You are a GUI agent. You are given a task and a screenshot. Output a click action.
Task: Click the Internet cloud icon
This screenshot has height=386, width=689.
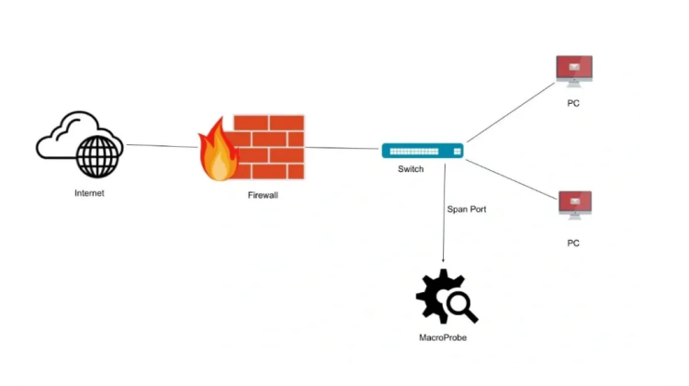[64, 138]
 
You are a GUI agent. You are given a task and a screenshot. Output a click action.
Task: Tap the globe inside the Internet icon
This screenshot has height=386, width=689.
[98, 156]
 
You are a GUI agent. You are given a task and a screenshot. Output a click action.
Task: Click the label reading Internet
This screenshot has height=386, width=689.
[89, 193]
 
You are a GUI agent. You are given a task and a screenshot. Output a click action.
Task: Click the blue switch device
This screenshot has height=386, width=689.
[424, 150]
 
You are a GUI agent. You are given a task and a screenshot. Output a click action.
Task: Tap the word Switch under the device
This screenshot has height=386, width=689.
[411, 170]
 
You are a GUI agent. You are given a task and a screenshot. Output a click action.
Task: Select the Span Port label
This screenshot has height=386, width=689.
[466, 210]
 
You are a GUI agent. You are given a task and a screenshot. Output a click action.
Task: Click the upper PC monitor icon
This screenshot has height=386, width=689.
[574, 70]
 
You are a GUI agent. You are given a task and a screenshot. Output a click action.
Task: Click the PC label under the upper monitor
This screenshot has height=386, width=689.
[573, 103]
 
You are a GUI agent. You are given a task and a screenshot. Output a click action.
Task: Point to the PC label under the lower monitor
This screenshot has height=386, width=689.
[573, 243]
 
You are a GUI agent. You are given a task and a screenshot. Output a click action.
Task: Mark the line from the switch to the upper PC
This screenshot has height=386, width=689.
[510, 114]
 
